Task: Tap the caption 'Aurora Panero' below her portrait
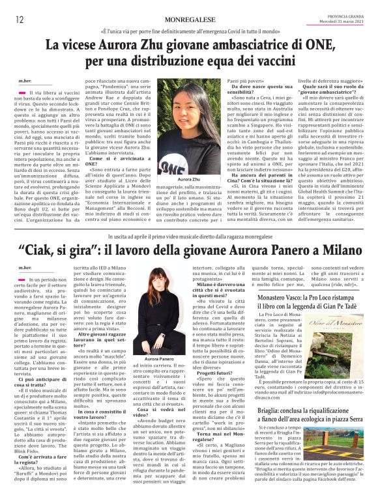160,358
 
